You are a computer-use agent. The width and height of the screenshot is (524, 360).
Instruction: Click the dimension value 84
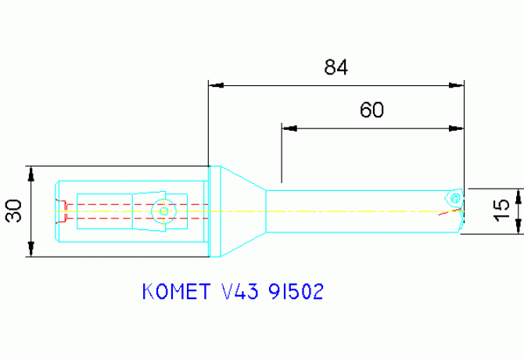(336, 68)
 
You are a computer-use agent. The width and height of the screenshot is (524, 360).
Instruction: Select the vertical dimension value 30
(13, 211)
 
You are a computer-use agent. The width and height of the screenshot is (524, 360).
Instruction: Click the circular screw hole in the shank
(163, 211)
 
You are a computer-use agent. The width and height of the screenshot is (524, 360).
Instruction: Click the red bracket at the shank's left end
(66, 211)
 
